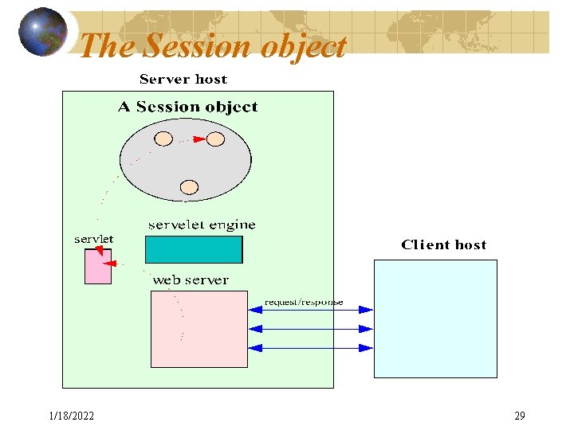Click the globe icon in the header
(43, 32)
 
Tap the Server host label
(183, 79)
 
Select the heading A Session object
(188, 107)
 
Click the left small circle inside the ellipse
(163, 139)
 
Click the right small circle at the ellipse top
(215, 139)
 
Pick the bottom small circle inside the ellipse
(189, 187)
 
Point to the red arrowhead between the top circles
(199, 139)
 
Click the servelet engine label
(202, 225)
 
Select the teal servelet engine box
(194, 249)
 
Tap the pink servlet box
(98, 267)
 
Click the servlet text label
(94, 238)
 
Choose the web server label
(190, 280)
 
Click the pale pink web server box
(199, 328)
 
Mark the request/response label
(304, 302)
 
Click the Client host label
(443, 244)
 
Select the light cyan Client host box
(435, 319)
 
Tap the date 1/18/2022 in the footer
(71, 416)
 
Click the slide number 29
(520, 416)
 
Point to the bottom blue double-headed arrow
(311, 347)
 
